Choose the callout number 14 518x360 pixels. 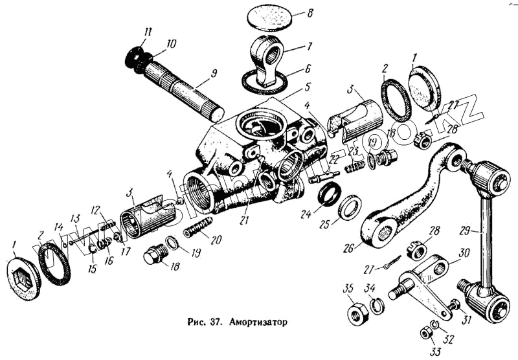pyautogui.click(x=59, y=227)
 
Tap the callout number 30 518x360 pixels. pyautogui.click(x=463, y=255)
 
